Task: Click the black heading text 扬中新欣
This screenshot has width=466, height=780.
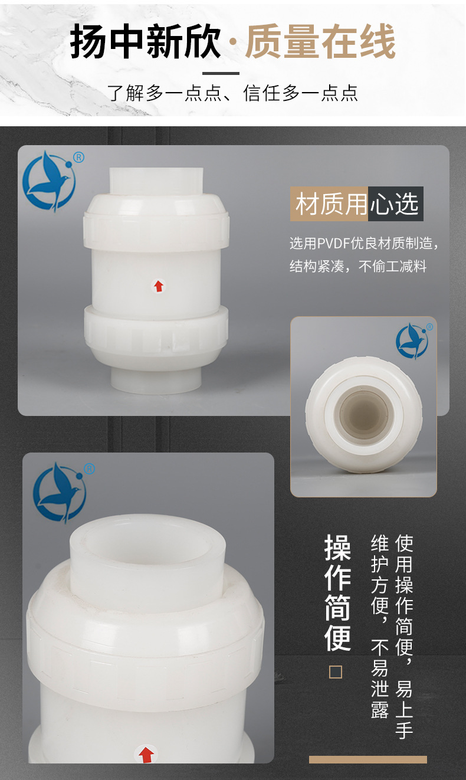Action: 145,41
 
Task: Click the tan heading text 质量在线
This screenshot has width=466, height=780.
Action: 320,41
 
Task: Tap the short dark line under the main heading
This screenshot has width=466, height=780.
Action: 221,74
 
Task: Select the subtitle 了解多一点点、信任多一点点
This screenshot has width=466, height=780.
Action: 232,93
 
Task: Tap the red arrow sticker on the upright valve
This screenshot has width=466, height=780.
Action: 159,286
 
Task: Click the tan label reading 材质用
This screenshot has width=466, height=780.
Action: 329,204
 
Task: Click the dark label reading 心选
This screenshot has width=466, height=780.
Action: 396,204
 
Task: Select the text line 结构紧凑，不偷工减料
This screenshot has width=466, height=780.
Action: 358,266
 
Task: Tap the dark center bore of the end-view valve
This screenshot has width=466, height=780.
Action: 364,414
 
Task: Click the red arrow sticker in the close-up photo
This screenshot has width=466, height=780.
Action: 146,754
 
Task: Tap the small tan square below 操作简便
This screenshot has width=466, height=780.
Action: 336,672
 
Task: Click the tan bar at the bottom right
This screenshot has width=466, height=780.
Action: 368,759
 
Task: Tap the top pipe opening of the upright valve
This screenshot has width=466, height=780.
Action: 156,182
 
